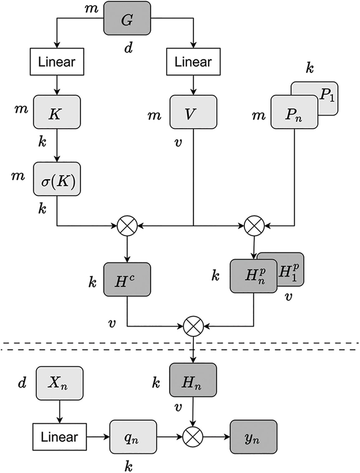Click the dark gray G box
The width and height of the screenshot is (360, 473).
point(127,18)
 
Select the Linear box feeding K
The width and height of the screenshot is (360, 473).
point(57,62)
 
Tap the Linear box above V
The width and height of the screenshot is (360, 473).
point(193,62)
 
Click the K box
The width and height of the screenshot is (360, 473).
point(57,112)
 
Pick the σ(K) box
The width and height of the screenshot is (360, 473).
point(57,179)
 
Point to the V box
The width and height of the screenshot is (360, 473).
point(193,112)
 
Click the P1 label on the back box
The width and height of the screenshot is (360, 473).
point(327,96)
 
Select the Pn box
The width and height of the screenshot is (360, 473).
point(294,112)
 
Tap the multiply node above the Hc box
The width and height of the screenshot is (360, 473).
point(127,226)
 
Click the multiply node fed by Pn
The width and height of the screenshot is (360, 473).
point(254,226)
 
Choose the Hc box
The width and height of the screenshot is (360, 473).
point(127,279)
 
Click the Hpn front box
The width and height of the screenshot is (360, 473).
point(253,276)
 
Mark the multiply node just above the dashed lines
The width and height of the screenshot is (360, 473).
point(193,326)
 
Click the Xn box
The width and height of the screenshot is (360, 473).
point(59,383)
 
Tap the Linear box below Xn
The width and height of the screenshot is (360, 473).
point(60,437)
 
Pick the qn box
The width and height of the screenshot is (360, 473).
point(133,437)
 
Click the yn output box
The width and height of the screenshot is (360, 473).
point(253,437)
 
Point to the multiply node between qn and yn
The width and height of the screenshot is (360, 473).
point(193,437)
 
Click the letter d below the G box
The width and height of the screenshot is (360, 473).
point(128,49)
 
